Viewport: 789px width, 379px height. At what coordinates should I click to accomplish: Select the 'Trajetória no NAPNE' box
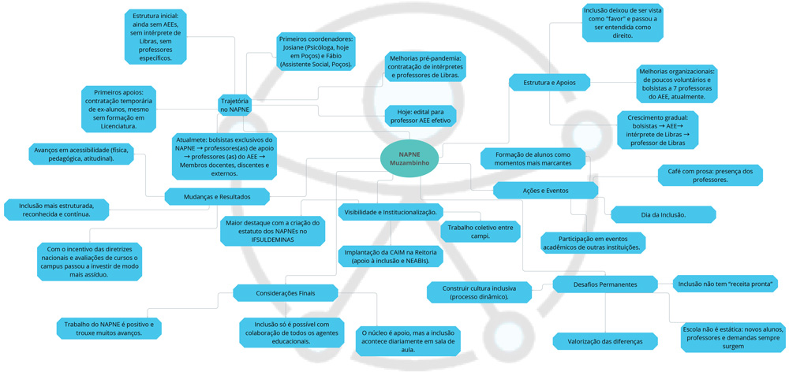pos(234,106)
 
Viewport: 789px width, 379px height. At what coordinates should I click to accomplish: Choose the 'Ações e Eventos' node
pos(546,190)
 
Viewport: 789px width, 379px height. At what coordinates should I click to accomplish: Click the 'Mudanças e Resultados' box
pos(217,196)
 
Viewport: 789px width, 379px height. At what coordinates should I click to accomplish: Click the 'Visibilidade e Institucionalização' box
pos(391,211)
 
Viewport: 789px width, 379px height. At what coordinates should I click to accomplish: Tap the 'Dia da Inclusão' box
pos(663,214)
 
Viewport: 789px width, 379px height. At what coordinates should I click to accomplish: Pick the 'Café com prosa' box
pos(710,175)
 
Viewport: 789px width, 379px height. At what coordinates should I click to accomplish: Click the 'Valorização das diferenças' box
pos(605,341)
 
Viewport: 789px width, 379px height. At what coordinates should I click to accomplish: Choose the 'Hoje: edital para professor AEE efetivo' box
pos(421,117)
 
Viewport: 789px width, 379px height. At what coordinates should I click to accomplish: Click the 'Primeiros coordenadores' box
pos(316,51)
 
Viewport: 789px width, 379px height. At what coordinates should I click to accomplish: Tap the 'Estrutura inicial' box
pos(155,36)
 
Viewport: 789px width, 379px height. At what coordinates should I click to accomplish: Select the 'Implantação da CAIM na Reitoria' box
pos(391,256)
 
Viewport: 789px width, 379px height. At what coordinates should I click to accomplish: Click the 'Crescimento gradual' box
pos(657,130)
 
